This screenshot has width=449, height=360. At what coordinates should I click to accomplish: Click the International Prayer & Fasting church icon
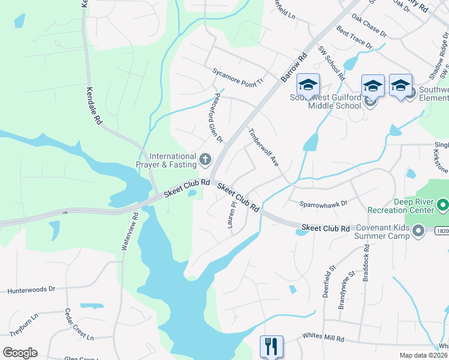[205, 160]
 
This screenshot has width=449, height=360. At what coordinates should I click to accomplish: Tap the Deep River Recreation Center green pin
[443, 206]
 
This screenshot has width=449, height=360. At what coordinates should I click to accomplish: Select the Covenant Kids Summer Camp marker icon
[419, 230]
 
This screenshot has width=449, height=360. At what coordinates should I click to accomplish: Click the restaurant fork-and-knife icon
[271, 346]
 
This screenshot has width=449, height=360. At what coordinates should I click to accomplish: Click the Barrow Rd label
[294, 67]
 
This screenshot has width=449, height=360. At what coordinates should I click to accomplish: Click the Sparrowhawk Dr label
[324, 203]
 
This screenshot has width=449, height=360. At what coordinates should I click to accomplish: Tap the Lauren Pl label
[231, 215]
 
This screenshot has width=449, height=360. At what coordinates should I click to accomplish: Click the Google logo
[20, 353]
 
